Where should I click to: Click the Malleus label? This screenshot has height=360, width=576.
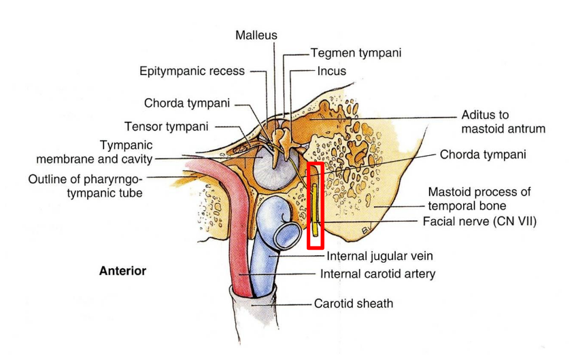[x=256, y=35]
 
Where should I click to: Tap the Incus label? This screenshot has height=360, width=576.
[x=331, y=71]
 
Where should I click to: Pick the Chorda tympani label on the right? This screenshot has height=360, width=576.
[x=483, y=154]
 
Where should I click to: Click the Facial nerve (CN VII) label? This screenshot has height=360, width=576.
[x=479, y=220]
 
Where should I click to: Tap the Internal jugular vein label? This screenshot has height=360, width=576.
[x=379, y=256]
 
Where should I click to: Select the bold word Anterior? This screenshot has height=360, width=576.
[x=122, y=271]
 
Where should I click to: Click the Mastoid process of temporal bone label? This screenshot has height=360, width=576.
[x=479, y=198]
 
